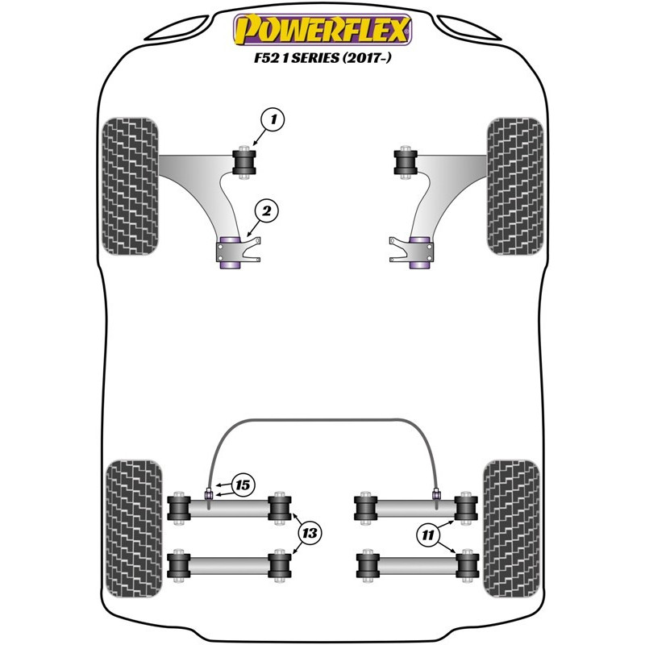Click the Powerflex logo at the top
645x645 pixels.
pos(322,30)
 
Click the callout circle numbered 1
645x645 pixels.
pos(273,119)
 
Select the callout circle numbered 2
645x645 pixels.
pos(267,211)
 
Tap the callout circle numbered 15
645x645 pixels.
pos(243,485)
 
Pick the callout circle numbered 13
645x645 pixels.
pos(310,534)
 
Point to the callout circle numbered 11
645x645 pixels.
pos(428,535)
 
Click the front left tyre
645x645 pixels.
pos(130,186)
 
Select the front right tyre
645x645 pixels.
pos(515,186)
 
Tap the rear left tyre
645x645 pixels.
pos(134,529)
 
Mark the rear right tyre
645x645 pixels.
pos(511,529)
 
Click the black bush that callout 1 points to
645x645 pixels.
pos(244,162)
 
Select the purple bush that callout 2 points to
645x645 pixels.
pos(230,253)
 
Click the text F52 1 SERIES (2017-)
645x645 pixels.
pos(322,57)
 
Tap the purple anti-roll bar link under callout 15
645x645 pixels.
pos(209,493)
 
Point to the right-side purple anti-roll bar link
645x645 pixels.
pos(436,493)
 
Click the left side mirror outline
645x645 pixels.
pos(177,27)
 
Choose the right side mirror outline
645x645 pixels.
pos(468,27)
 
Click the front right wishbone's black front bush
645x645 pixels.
pos(406,162)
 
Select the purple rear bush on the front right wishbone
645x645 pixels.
pos(419,253)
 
